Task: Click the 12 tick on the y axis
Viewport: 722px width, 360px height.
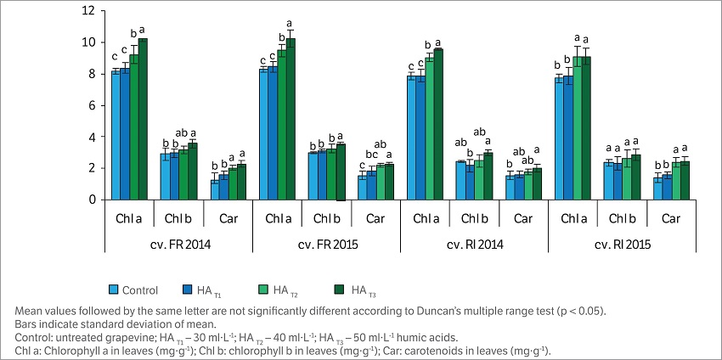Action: click(88, 11)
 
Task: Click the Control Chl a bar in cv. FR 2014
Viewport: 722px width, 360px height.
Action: click(116, 136)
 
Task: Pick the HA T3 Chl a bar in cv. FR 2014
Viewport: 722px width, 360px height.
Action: click(142, 120)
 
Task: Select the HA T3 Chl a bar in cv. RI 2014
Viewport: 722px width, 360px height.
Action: click(438, 125)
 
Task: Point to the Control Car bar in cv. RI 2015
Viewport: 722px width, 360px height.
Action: click(658, 189)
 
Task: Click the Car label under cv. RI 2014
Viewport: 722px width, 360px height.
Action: click(523, 219)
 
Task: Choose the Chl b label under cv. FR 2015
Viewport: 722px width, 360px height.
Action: click(325, 219)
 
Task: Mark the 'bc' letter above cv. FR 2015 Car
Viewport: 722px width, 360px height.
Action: click(370, 155)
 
